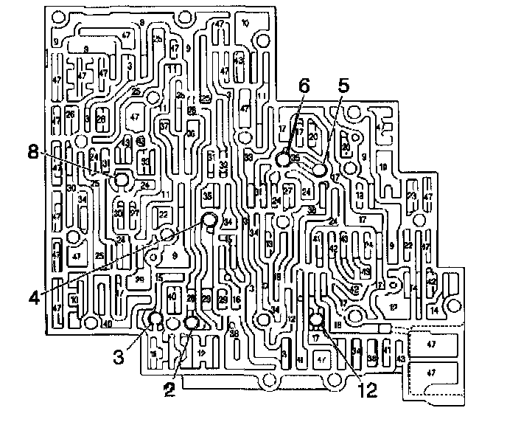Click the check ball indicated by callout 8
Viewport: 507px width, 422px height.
click(x=120, y=180)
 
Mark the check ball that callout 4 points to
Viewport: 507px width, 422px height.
click(x=210, y=219)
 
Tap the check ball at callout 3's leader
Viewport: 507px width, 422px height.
click(x=155, y=319)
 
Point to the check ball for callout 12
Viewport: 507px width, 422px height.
click(x=317, y=320)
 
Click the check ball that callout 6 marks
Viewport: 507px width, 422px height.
click(x=284, y=158)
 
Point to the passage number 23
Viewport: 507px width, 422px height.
click(x=411, y=196)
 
